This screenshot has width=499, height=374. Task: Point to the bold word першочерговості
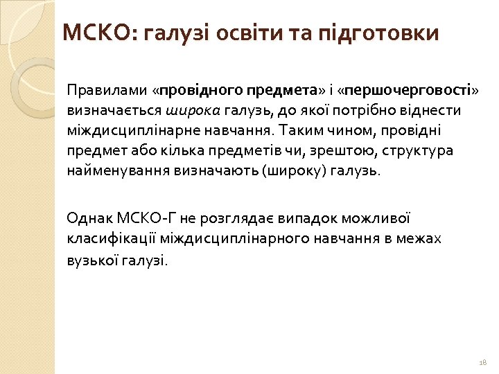[x=408, y=90]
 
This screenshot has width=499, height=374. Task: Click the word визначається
[x=115, y=110]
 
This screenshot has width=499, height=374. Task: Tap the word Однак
[x=85, y=218]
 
